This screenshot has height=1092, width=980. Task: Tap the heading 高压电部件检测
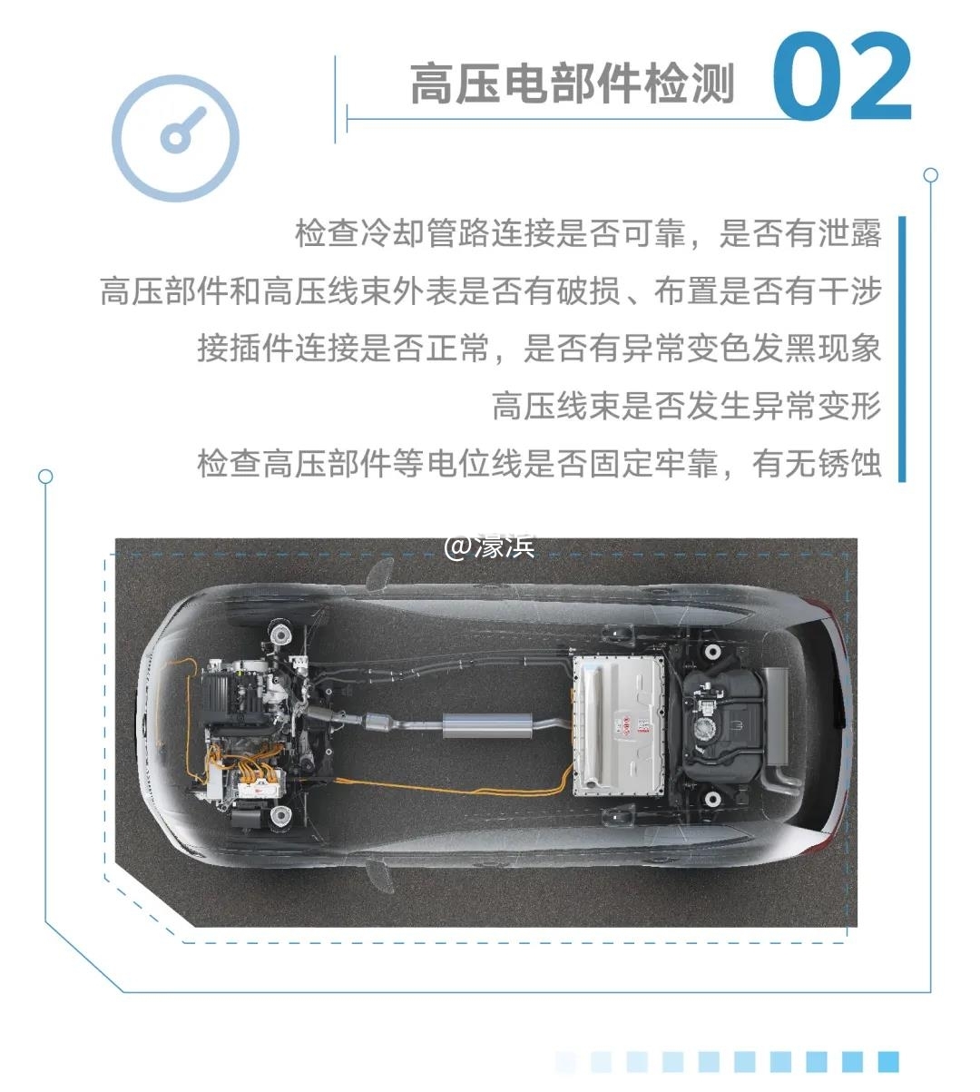click(x=573, y=84)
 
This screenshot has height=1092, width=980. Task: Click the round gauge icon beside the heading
click(x=176, y=138)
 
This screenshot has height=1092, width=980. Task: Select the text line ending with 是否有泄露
click(x=588, y=233)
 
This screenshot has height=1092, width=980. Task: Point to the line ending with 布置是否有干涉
click(x=491, y=291)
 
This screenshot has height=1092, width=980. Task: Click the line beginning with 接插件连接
click(x=539, y=349)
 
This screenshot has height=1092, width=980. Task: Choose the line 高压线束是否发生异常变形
click(x=687, y=406)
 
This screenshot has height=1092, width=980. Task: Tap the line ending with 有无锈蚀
click(x=539, y=463)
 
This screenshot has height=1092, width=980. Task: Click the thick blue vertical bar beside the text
click(x=903, y=349)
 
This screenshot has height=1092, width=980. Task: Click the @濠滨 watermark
click(x=489, y=547)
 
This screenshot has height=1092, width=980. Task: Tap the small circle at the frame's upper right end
click(x=930, y=174)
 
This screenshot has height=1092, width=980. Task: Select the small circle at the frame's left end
click(x=45, y=477)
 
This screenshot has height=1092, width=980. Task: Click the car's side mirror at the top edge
click(x=380, y=574)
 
